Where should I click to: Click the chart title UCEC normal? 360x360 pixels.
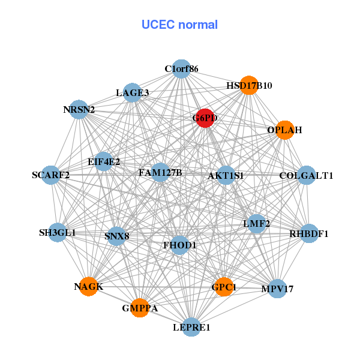coord(179,25)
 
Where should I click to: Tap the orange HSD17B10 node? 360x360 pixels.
coord(248,86)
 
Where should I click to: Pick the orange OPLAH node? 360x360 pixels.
coord(284,130)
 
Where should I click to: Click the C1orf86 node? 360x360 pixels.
coord(181,68)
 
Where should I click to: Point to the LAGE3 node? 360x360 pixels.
coord(133,92)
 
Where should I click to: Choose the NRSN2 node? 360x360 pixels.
coord(79,110)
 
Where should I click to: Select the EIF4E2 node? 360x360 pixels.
coord(104,161)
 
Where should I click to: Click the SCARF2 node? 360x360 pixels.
coord(51,175)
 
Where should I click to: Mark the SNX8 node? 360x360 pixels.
coord(116,236)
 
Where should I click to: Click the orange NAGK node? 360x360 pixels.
coord(88,286)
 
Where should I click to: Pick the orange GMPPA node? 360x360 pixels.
coord(140,308)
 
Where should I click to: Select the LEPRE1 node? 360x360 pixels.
coord(191,327)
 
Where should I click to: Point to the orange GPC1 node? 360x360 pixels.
coord(224,287)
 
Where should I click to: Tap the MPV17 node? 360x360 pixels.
coord(277,289)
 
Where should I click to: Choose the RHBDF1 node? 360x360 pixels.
coord(308,233)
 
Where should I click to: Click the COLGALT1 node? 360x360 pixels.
coord(306,176)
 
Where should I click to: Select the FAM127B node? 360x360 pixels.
coord(160,173)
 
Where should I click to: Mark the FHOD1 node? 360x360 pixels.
coord(179,245)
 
